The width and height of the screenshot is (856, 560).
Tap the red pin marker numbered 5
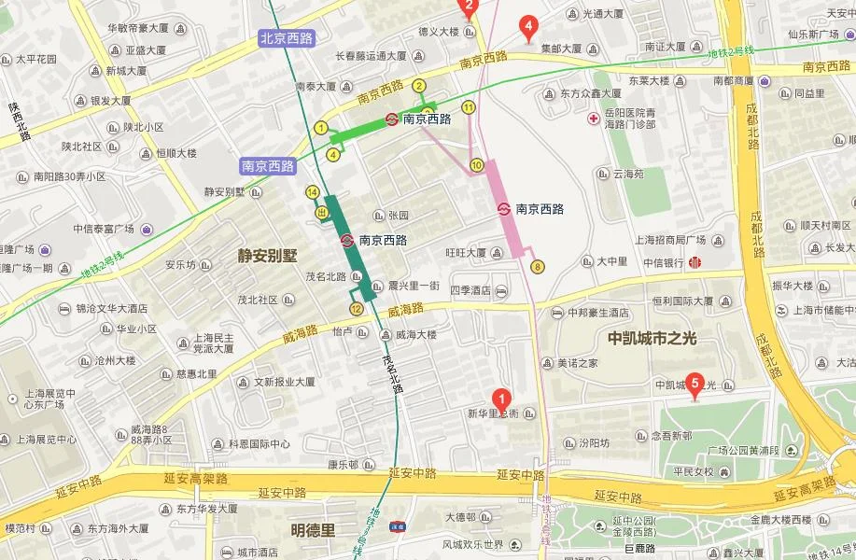[694, 383]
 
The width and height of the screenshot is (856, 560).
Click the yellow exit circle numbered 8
[537, 267]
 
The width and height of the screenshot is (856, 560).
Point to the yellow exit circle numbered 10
[476, 165]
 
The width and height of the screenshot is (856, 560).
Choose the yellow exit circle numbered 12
[356, 309]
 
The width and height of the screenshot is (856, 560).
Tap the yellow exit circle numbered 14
[312, 192]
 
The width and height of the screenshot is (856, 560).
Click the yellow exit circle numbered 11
[468, 107]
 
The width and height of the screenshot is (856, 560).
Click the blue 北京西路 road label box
[287, 37]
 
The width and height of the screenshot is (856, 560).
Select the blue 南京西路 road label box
[267, 166]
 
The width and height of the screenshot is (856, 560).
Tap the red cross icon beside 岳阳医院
[593, 119]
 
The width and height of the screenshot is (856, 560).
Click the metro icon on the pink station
[504, 209]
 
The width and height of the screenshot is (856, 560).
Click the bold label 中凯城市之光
[652, 338]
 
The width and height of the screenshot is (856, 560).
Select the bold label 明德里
[312, 529]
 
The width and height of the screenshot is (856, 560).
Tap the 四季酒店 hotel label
[470, 290]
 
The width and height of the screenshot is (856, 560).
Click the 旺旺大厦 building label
[466, 252]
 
